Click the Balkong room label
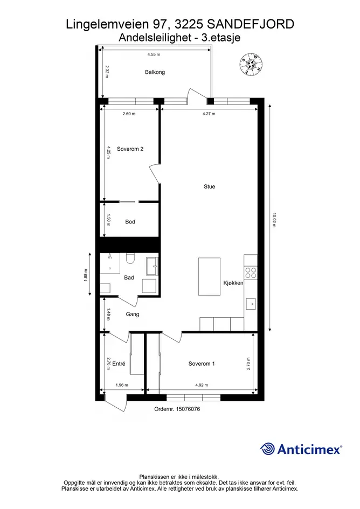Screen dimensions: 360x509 155,72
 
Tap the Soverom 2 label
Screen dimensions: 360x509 130,149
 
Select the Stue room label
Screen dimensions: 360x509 209,187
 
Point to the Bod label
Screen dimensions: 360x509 130,222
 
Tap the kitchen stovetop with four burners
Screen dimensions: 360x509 251,273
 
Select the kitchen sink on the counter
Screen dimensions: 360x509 251,304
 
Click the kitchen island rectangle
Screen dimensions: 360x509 209,276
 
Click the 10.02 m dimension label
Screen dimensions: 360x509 274,220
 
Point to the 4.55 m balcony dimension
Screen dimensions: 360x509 154,54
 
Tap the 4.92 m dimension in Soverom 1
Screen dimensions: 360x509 202,385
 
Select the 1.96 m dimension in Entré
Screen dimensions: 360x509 122,385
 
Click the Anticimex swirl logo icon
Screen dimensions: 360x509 267,449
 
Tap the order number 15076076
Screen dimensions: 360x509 188,409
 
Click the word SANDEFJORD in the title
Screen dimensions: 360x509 251,24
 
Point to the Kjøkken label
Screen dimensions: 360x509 233,283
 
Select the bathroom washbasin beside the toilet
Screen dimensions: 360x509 152,267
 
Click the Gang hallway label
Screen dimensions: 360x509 133,314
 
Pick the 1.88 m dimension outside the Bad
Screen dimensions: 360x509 86,275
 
